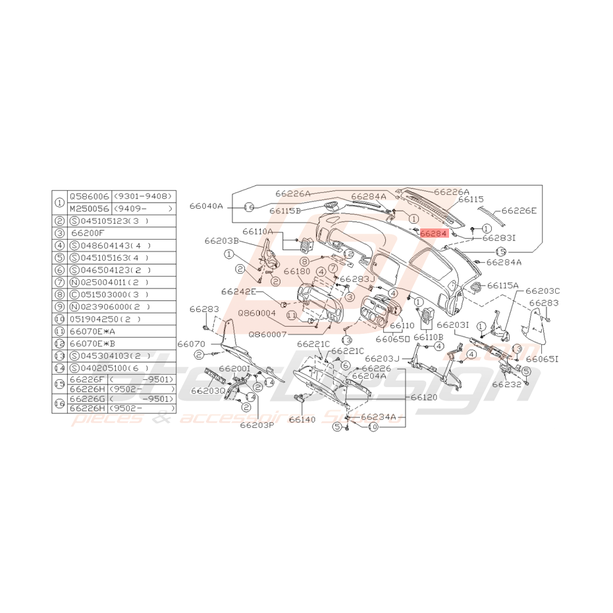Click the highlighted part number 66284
click(433, 233)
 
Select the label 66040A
click(207, 206)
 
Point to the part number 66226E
click(519, 211)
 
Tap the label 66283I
click(499, 238)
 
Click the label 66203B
click(221, 241)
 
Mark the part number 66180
click(297, 271)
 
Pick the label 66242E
click(238, 291)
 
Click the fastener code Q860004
click(257, 313)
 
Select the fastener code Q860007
click(267, 334)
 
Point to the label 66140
click(302, 419)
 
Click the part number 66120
click(424, 398)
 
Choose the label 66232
click(506, 383)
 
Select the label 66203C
click(543, 290)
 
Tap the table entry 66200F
click(88, 232)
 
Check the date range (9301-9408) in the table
click(143, 196)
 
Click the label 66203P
click(257, 425)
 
